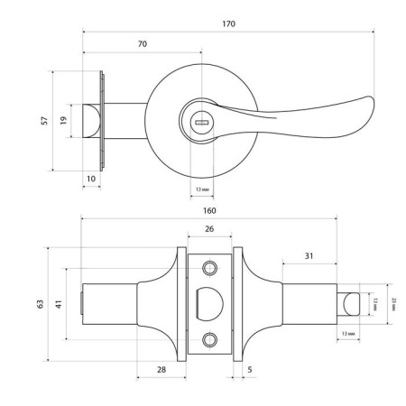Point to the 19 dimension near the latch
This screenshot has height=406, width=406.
click(64, 120)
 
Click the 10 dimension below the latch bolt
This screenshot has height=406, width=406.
click(91, 180)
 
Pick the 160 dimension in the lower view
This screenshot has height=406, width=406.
click(209, 209)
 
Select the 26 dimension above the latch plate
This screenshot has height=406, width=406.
click(209, 229)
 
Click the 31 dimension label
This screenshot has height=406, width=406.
click(309, 256)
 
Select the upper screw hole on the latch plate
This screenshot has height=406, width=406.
click(210, 269)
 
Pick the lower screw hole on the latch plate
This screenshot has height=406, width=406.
click(210, 339)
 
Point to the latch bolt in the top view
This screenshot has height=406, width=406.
click(91, 120)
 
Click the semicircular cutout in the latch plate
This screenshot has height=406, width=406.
click(206, 302)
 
